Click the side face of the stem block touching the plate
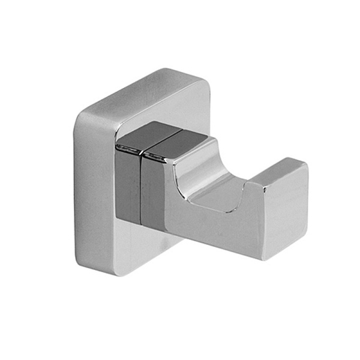(x=127, y=186)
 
